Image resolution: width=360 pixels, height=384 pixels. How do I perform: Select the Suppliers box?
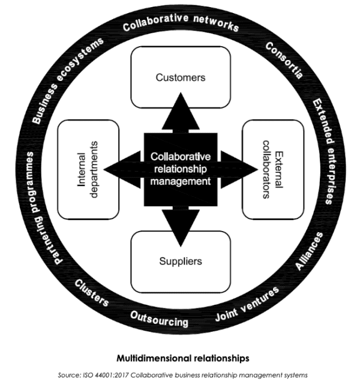[181, 261]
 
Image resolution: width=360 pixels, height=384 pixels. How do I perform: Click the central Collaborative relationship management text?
[181, 168]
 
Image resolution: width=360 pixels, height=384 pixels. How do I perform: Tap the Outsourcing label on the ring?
[159, 319]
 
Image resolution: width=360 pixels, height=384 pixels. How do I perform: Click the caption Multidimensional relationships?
[181, 359]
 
